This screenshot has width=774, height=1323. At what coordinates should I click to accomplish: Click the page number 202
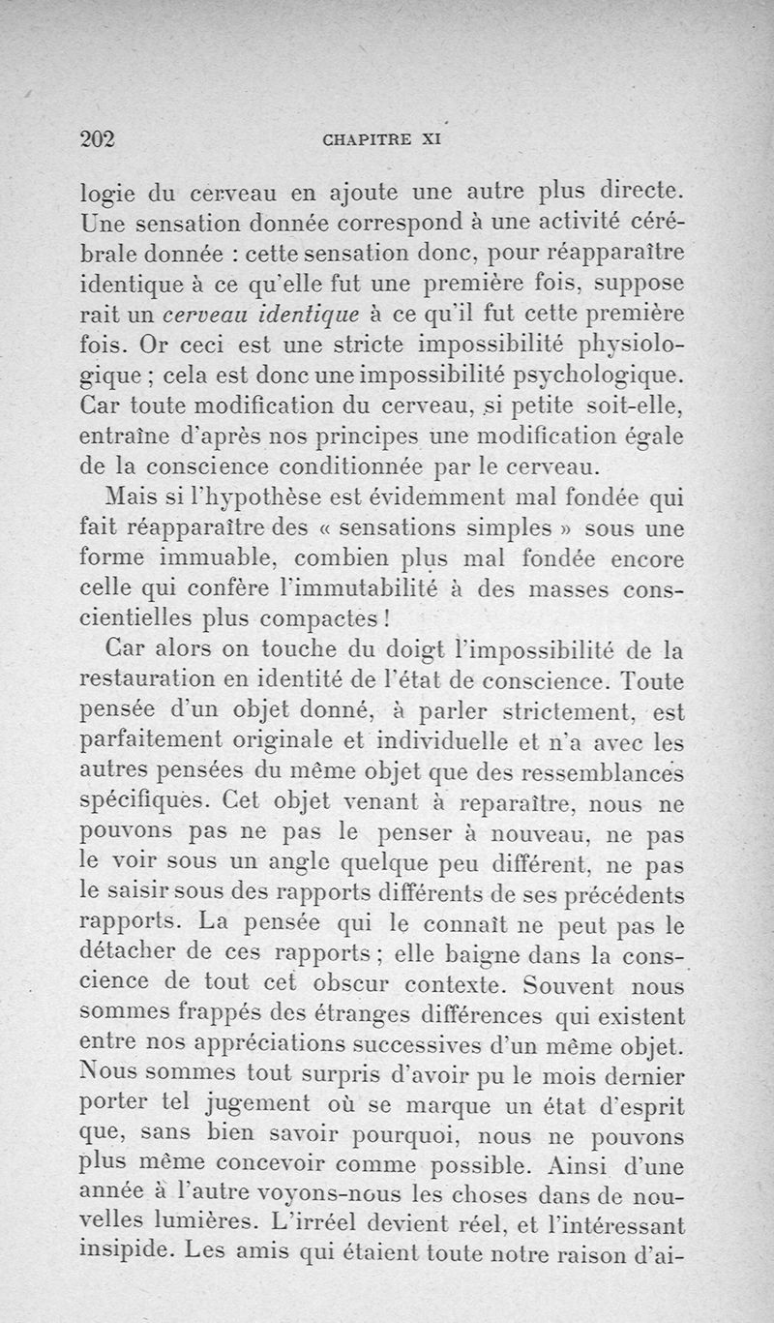tap(97, 138)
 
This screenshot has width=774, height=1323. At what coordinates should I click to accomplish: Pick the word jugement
tap(258, 1102)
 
